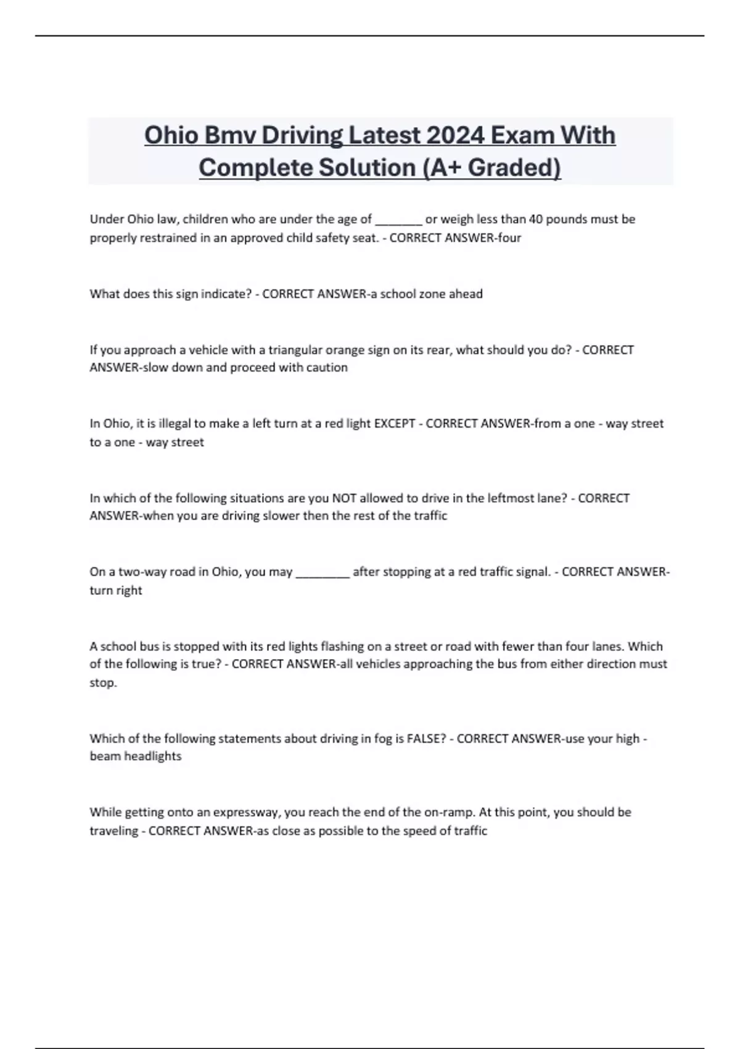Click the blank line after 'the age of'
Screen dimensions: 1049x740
(398, 221)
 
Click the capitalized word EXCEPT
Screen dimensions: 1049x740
(395, 424)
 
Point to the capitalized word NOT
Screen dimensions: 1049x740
(343, 498)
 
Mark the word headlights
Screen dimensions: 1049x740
(153, 757)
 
